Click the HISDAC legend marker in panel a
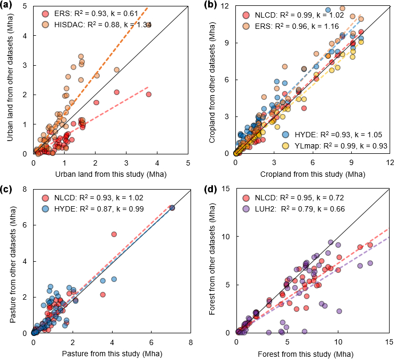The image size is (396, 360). point(44,25)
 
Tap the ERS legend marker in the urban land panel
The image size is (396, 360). point(44,13)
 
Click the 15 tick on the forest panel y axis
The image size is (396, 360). point(226,189)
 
